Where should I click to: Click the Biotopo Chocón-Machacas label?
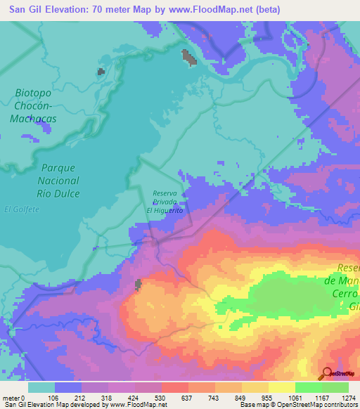pos(33,105)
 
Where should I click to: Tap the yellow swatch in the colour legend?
pos(282,387)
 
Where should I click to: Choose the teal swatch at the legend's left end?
pos(41,387)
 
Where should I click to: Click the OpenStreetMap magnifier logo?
pos(326,373)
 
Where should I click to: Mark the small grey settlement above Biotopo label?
pos(101,71)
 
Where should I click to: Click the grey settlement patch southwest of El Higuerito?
pos(139,284)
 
